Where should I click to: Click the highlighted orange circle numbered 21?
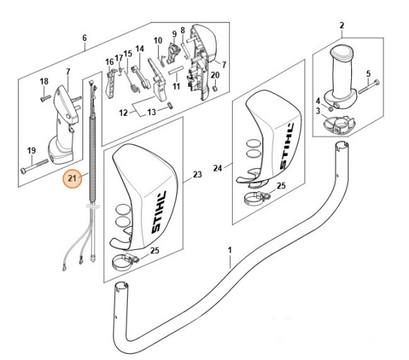click(x=72, y=179)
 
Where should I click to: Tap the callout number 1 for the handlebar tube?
click(x=230, y=251)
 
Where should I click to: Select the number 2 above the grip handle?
click(x=342, y=25)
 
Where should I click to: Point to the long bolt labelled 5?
click(x=369, y=87)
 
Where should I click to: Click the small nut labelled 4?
click(x=330, y=109)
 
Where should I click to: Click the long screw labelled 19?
click(x=34, y=166)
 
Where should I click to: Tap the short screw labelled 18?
click(x=45, y=98)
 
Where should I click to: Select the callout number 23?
click(x=197, y=174)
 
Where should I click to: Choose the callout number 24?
click(x=217, y=169)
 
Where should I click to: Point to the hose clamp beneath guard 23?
click(x=125, y=262)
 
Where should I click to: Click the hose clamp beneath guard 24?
click(x=256, y=198)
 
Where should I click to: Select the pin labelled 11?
click(x=174, y=71)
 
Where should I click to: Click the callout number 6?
click(x=85, y=38)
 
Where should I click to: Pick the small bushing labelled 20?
click(x=214, y=88)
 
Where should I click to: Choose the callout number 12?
click(x=123, y=113)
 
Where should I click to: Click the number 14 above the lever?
click(x=140, y=49)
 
